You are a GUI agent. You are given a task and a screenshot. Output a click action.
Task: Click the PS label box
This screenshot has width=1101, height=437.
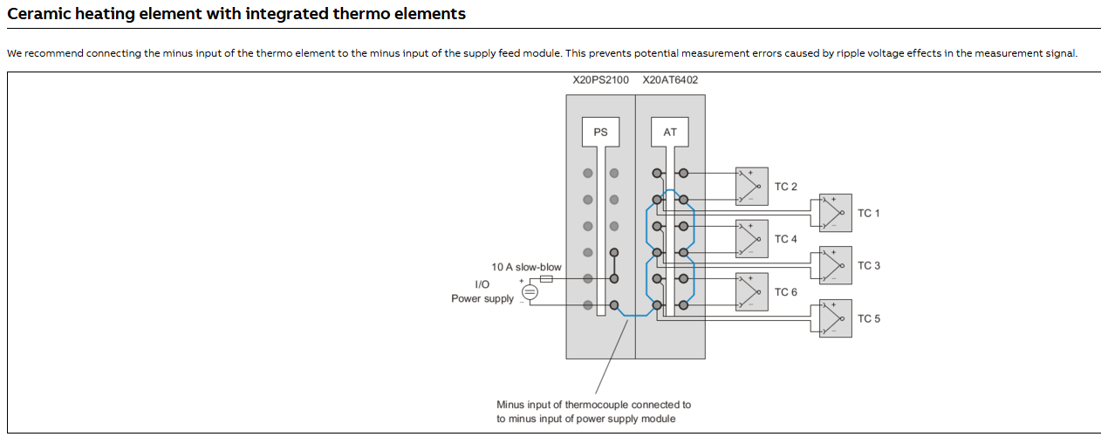point(600,133)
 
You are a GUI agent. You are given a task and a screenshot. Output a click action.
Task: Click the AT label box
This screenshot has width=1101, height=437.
point(670,133)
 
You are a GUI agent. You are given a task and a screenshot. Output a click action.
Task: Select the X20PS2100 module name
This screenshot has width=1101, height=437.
point(600,80)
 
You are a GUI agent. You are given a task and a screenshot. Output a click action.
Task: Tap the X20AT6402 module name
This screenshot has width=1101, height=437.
point(670,80)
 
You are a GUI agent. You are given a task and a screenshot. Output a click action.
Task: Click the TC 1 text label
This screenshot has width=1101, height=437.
point(869,214)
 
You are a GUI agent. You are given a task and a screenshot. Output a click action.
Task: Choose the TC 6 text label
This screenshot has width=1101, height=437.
point(785,292)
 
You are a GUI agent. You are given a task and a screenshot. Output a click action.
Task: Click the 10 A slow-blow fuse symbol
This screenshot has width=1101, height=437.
point(547,279)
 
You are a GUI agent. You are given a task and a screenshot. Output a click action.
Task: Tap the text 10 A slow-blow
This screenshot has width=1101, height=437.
point(526,267)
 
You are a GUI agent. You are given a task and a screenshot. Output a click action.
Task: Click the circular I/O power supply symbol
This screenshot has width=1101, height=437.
point(529,292)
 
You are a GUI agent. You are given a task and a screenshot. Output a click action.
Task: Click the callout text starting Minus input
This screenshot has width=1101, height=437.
point(593,412)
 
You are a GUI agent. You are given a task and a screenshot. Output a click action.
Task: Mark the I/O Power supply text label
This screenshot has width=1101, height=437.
point(482,292)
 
